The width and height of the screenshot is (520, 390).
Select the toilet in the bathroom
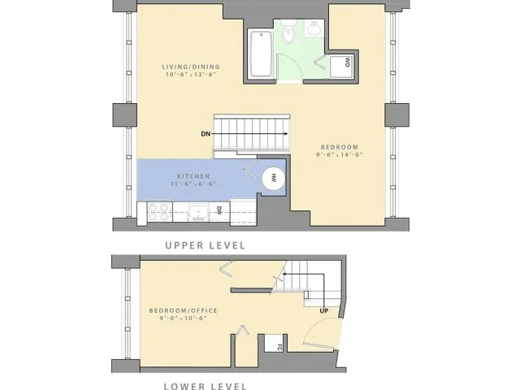point(290,34)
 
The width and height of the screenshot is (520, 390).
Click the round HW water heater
point(274,178)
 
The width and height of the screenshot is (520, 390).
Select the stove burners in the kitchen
point(157,212)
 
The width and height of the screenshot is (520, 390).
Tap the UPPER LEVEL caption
point(205,245)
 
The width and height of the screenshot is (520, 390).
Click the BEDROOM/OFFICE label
point(178,310)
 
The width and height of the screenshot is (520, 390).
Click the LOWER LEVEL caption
point(205,387)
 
